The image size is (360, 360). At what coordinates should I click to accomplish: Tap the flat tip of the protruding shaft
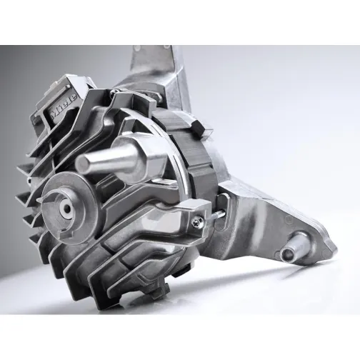[x=83, y=164]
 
